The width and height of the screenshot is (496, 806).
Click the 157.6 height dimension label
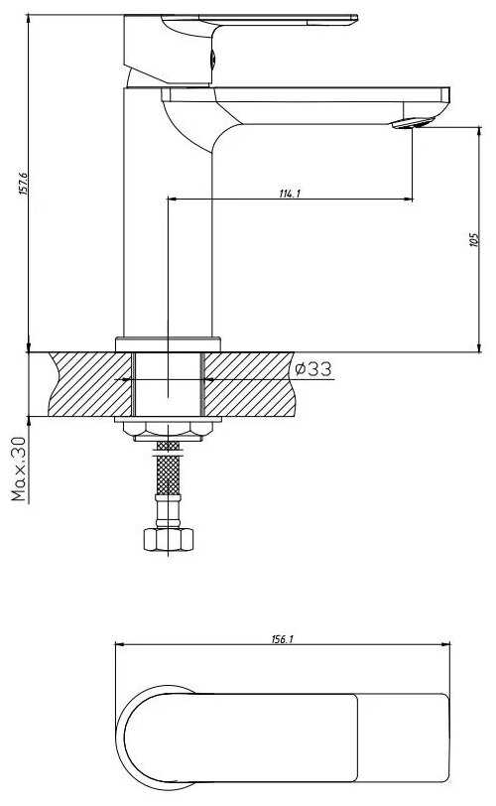pos(24,184)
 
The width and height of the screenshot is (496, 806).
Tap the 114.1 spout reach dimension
pos(290,194)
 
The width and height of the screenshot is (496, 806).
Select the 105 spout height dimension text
pos(474,239)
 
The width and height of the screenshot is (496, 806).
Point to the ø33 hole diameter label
pos(313,368)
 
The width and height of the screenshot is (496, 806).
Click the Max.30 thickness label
pos(18,469)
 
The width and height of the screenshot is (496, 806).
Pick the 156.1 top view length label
pos(283,639)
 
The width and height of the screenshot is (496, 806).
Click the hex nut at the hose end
pos(169,539)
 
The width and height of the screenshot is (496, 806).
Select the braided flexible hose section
pos(168,468)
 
